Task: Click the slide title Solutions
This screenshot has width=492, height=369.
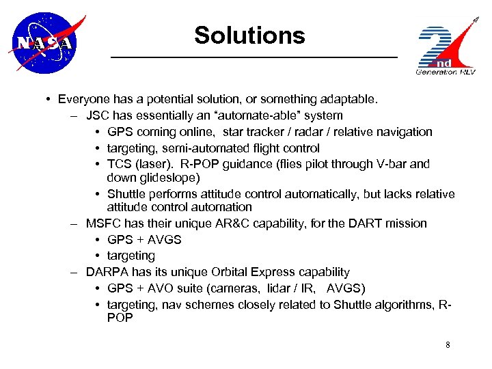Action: tap(249, 35)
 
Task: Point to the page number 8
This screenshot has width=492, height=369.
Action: tap(448, 345)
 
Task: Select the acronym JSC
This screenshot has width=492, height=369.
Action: tap(98, 115)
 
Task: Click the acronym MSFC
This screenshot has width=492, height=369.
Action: tap(103, 223)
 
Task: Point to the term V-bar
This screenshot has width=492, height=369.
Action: tap(390, 164)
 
